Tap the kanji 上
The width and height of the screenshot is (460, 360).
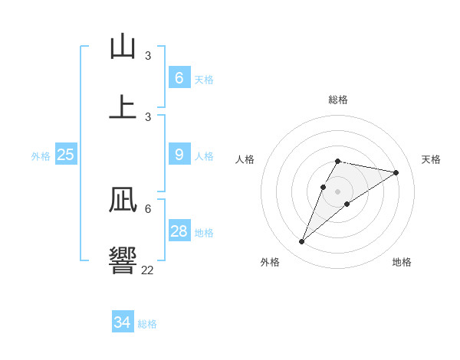pyautogui.click(x=123, y=106)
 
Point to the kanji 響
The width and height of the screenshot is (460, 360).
pyautogui.click(x=123, y=259)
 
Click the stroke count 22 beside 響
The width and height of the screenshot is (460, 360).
pyautogui.click(x=147, y=270)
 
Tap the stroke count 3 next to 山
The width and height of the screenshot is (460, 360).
pyautogui.click(x=148, y=56)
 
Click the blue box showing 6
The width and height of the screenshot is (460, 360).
pyautogui.click(x=179, y=77)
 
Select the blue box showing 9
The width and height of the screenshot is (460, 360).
pyautogui.click(x=179, y=155)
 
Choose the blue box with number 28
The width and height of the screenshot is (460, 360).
pyautogui.click(x=179, y=231)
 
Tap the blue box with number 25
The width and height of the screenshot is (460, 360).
pyautogui.click(x=66, y=155)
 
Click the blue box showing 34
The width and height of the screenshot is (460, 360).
pyautogui.click(x=123, y=322)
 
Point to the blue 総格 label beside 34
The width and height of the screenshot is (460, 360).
pyautogui.click(x=147, y=324)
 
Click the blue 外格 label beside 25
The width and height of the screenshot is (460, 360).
pyautogui.click(x=41, y=156)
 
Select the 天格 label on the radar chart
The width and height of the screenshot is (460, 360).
pyautogui.click(x=431, y=159)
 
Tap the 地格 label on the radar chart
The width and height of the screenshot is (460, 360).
pyautogui.click(x=402, y=262)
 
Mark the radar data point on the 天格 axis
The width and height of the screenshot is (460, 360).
pyautogui.click(x=396, y=172)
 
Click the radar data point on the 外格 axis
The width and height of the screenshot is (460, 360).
pyautogui.click(x=301, y=241)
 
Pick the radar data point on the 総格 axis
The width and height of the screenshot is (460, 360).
pyautogui.click(x=337, y=161)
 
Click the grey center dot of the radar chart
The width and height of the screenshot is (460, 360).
pyautogui.click(x=337, y=191)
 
